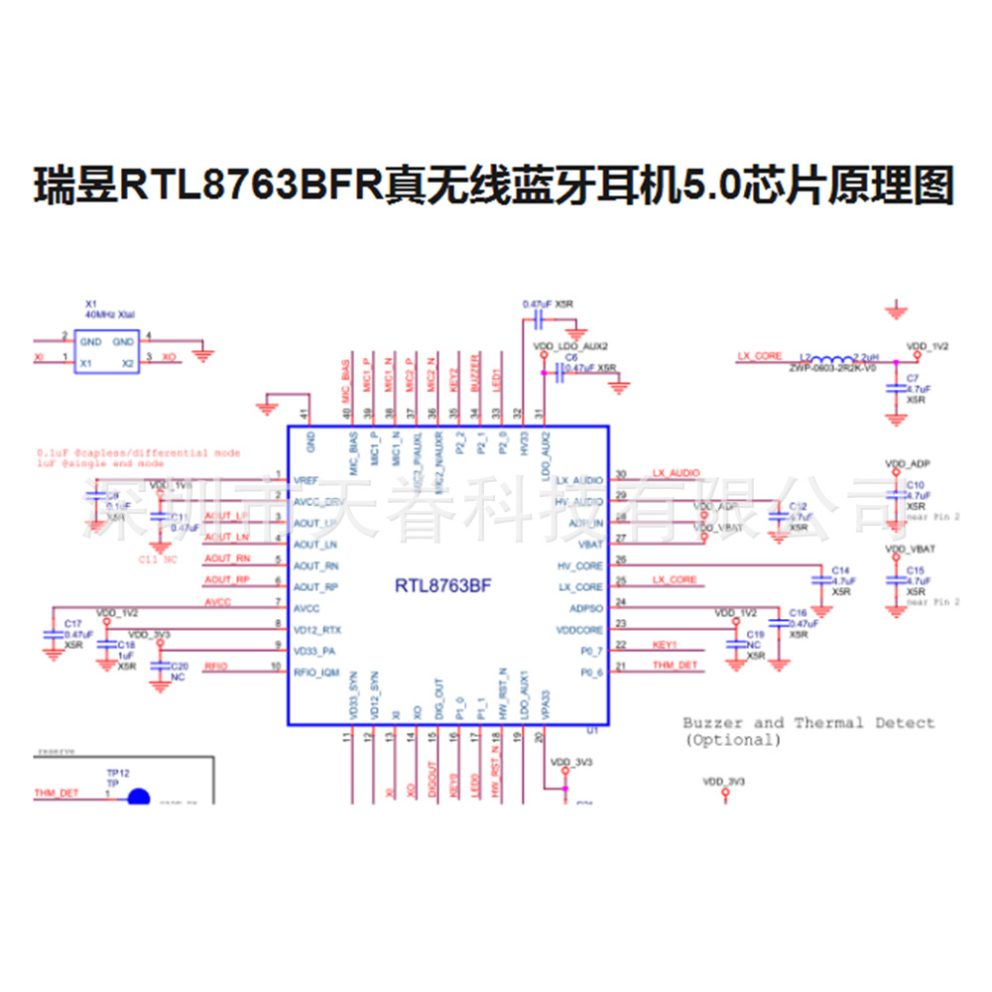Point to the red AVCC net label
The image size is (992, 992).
217,602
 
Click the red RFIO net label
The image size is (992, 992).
215,666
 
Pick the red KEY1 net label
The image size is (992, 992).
665,645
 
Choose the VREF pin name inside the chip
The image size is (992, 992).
306,480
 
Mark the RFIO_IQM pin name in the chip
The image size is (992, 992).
317,674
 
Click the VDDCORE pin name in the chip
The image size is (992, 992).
579,630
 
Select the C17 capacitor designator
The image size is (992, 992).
72,623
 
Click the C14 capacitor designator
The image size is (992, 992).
841,570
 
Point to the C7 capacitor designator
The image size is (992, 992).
913,378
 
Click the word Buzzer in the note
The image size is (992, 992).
709,722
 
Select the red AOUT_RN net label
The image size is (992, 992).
227,558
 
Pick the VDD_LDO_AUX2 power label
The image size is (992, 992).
570,346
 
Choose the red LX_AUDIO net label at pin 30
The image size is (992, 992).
677,473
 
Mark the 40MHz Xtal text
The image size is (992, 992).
110,313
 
